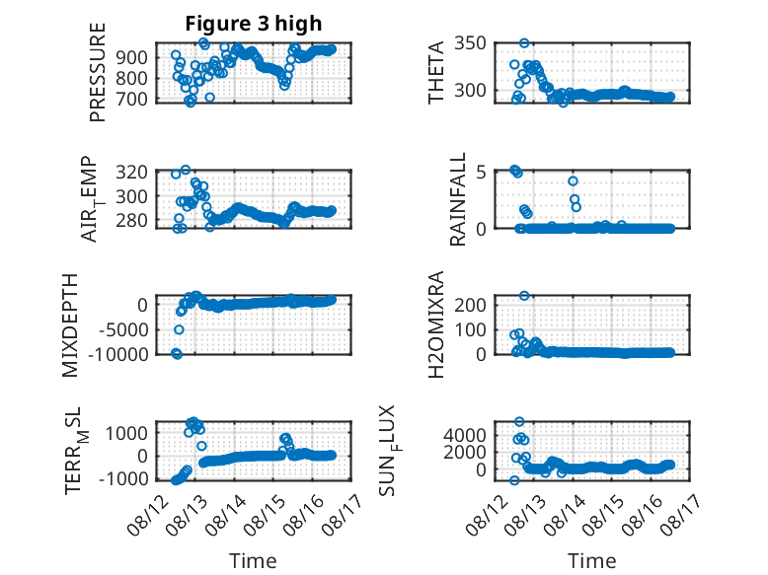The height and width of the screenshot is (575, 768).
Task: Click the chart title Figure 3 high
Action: [x=254, y=23]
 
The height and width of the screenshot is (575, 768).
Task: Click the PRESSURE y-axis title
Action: [x=98, y=72]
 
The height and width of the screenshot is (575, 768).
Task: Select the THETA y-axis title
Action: [x=436, y=72]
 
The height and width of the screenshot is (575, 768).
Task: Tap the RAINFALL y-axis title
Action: [x=457, y=199]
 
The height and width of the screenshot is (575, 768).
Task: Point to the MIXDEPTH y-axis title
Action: [x=70, y=324]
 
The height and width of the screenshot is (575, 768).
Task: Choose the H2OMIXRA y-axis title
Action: [x=436, y=324]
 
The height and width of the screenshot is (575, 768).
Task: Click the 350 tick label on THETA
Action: [x=470, y=43]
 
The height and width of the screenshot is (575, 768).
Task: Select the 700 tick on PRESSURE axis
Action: [x=131, y=100]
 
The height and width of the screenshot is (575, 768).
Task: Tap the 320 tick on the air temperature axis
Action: [x=131, y=172]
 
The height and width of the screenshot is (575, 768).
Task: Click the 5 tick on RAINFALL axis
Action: [x=481, y=173]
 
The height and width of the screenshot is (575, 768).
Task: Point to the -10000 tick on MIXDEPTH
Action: [x=117, y=354]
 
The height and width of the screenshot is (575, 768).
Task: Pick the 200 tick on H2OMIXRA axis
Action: [x=470, y=305]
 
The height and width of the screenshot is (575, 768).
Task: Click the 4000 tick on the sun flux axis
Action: [x=465, y=435]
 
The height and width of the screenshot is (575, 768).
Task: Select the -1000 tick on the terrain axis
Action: [x=123, y=479]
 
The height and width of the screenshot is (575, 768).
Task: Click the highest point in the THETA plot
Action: [x=524, y=43]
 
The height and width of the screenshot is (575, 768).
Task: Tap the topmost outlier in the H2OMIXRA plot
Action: [x=524, y=296]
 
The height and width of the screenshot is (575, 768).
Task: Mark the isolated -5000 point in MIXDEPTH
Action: [x=179, y=329]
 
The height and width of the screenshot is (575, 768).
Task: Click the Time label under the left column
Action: [x=254, y=561]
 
